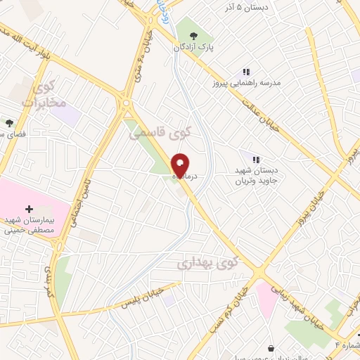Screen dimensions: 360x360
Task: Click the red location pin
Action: click(180, 165)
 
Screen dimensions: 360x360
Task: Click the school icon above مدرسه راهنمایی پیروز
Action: click(246, 72)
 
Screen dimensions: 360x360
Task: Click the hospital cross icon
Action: click(29, 209)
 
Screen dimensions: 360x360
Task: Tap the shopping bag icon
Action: click(272, 347)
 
